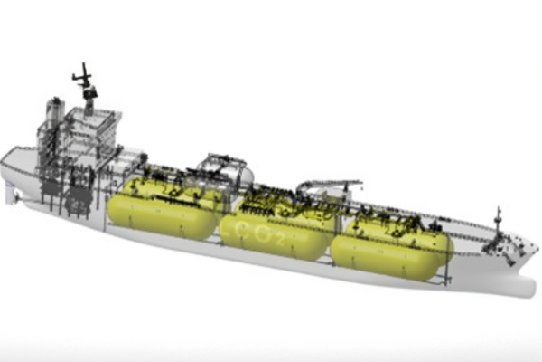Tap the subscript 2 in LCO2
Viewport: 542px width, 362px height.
click(280, 240)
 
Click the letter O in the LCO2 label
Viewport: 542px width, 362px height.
click(262, 235)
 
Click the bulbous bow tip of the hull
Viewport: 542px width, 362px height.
click(532, 289)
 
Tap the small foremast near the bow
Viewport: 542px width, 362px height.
click(498, 225)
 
